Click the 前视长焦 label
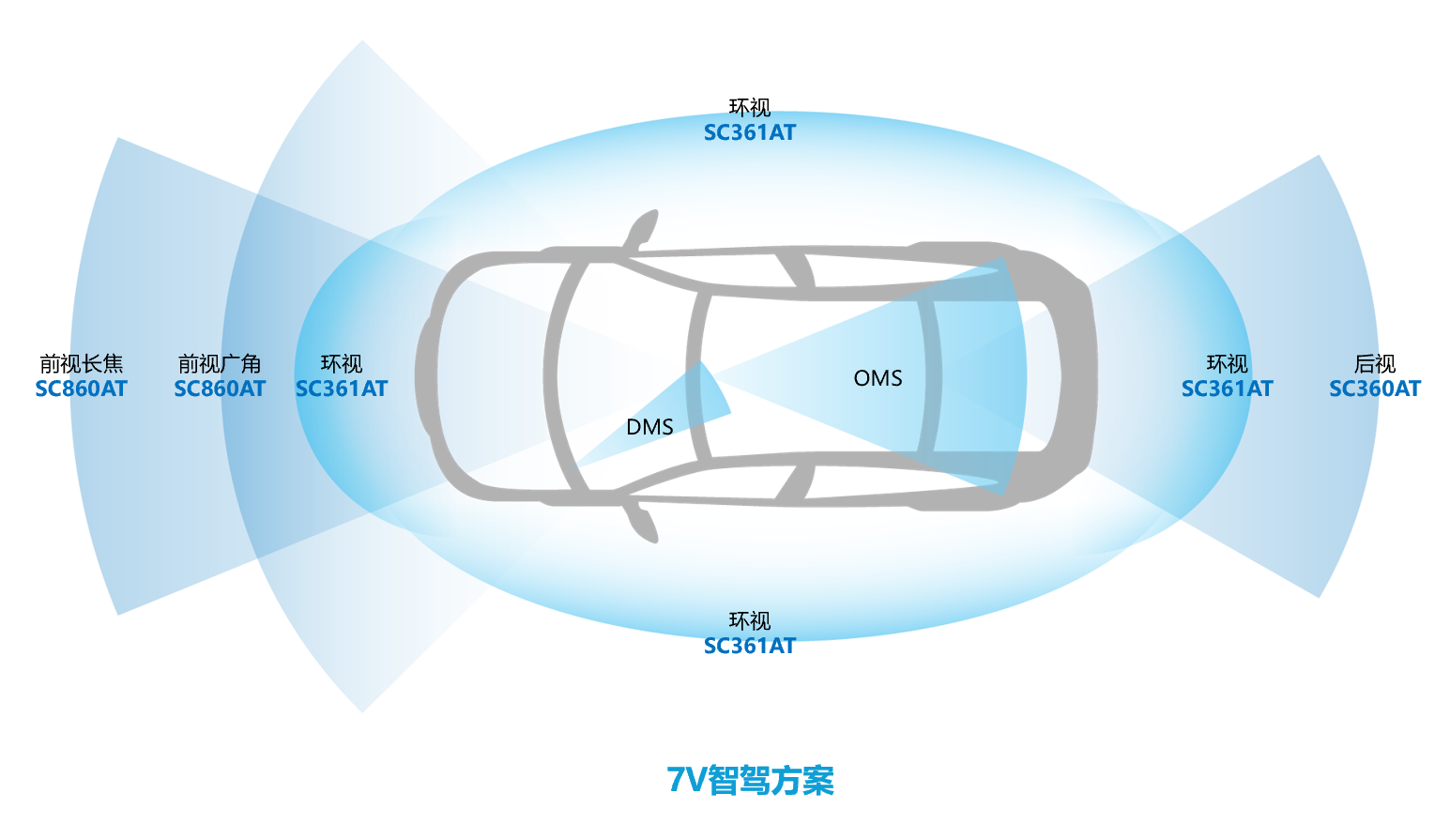point(81,363)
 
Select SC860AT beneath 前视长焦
point(81,389)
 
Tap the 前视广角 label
point(220,363)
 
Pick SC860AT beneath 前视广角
point(220,389)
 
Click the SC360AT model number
point(1374,389)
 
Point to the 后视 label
point(1374,363)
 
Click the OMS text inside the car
point(878,378)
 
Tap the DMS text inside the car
point(649,427)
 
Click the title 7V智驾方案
point(750,780)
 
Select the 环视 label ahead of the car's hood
point(341,363)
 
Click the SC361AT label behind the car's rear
point(1227,389)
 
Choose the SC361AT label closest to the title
point(749,646)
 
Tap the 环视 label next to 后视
point(1227,363)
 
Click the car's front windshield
point(624,375)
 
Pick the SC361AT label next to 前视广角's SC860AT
point(341,389)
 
